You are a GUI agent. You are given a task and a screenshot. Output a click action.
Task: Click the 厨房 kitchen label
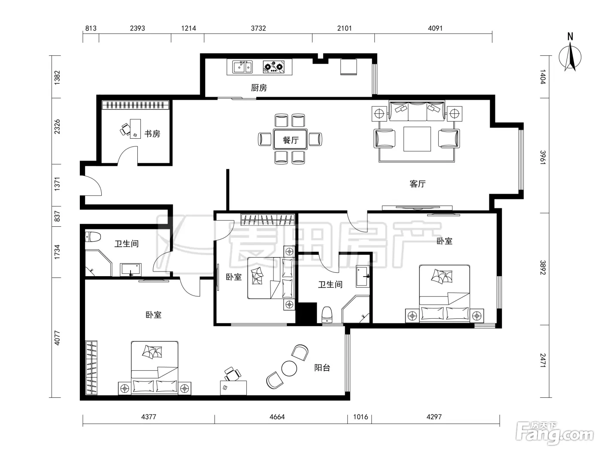click(259, 88)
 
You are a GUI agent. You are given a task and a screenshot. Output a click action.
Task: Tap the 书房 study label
click(152, 134)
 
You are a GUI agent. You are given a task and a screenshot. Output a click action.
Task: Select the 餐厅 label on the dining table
click(291, 140)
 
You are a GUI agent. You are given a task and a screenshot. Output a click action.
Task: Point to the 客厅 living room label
click(418, 184)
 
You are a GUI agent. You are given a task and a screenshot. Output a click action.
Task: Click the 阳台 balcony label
click(322, 368)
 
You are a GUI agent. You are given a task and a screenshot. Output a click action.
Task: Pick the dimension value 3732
click(258, 28)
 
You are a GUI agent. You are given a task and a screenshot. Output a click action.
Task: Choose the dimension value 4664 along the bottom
click(277, 417)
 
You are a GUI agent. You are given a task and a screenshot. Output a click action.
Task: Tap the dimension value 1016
click(360, 417)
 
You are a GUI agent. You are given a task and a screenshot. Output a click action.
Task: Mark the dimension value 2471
click(543, 360)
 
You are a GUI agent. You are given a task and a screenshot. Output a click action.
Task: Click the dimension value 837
click(57, 216)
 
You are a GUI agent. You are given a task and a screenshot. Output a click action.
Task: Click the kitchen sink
click(242, 67)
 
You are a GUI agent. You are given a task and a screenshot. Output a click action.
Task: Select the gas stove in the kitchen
click(273, 67)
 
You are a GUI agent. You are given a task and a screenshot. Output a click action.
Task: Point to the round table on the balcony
click(289, 368)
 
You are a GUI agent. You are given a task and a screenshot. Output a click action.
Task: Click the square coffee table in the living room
click(417, 139)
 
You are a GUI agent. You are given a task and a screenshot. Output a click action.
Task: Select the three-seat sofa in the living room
click(417, 111)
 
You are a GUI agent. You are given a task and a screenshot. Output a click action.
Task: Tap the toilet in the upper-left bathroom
click(93, 237)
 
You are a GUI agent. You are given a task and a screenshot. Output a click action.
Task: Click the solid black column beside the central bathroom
click(307, 313)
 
